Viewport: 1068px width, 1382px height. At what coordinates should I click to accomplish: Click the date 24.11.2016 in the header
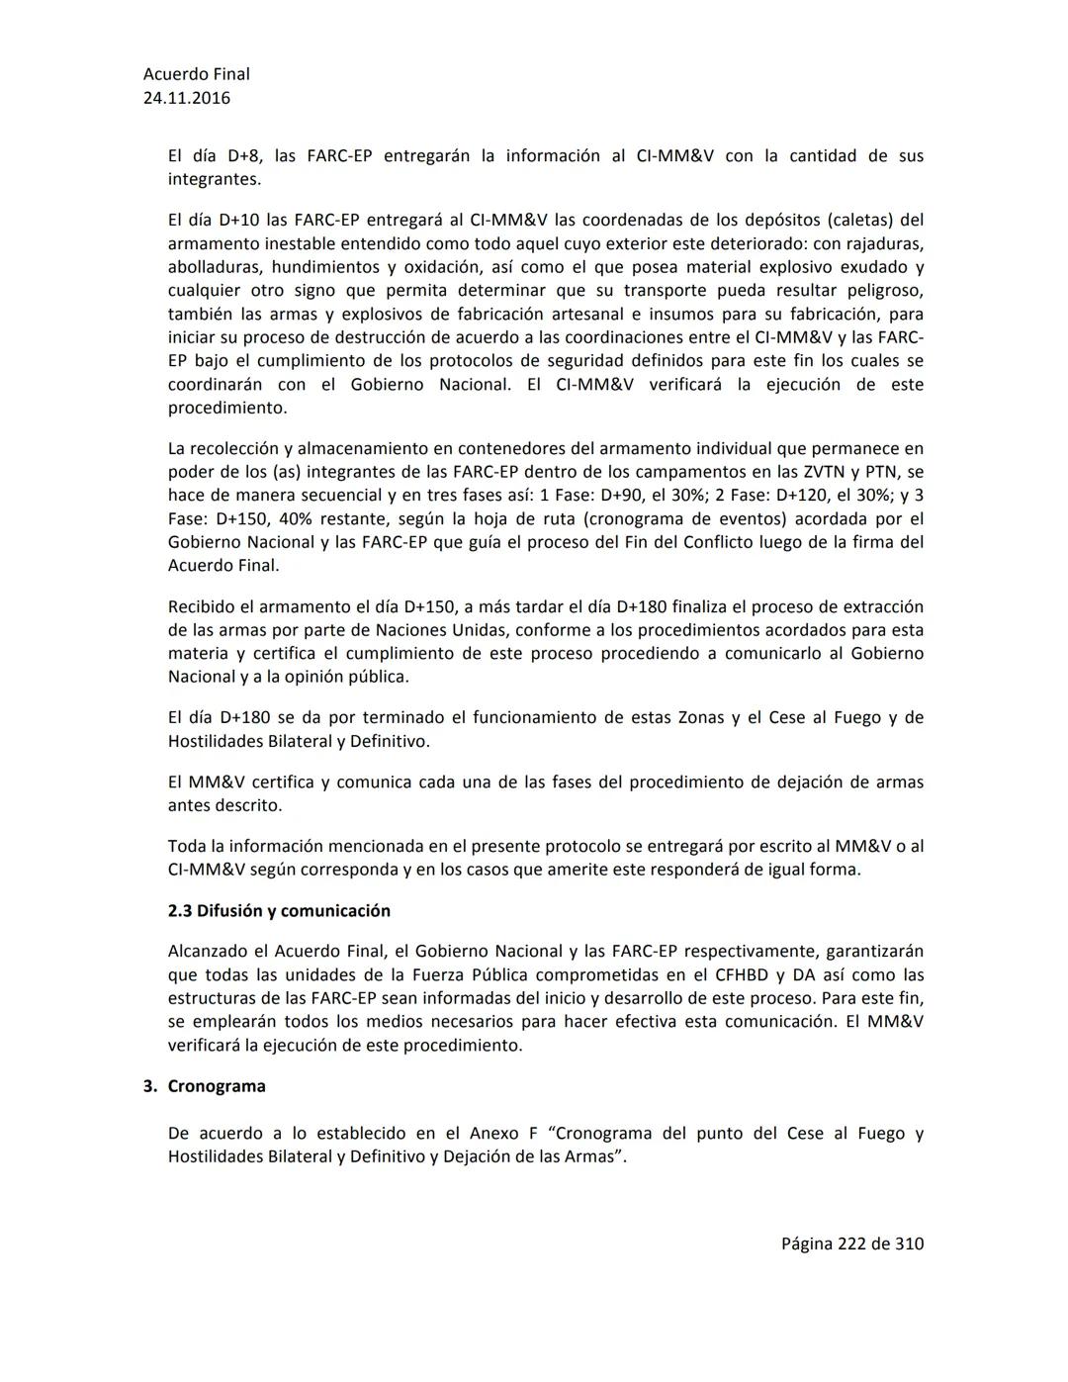(187, 98)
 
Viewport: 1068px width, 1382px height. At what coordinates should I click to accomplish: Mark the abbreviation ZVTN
(813, 473)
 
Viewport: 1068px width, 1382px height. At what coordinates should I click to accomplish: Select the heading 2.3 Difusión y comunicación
(279, 911)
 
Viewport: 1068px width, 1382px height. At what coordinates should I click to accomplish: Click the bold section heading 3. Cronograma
(205, 1086)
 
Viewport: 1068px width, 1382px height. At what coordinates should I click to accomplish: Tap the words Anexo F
(502, 1134)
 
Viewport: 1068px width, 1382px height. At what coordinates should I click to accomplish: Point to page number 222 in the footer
(851, 1244)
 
